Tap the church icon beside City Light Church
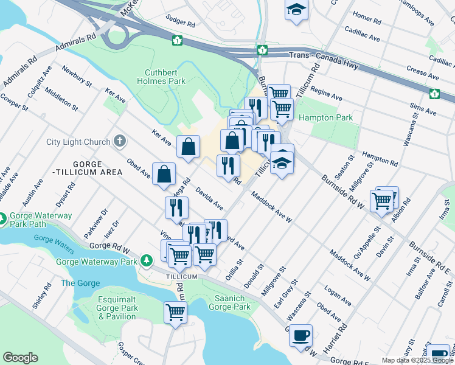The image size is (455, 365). [x=120, y=142]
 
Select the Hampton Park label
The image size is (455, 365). [x=321, y=117]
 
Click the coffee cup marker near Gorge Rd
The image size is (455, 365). [x=300, y=335]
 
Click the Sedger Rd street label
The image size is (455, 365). [x=182, y=24]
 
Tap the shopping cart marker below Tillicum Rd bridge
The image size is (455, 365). [x=175, y=313]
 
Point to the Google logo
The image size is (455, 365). [x=20, y=358]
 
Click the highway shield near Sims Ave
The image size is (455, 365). [x=435, y=94]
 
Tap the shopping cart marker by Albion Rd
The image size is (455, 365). [x=382, y=200]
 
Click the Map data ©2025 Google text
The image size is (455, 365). [x=417, y=360]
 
